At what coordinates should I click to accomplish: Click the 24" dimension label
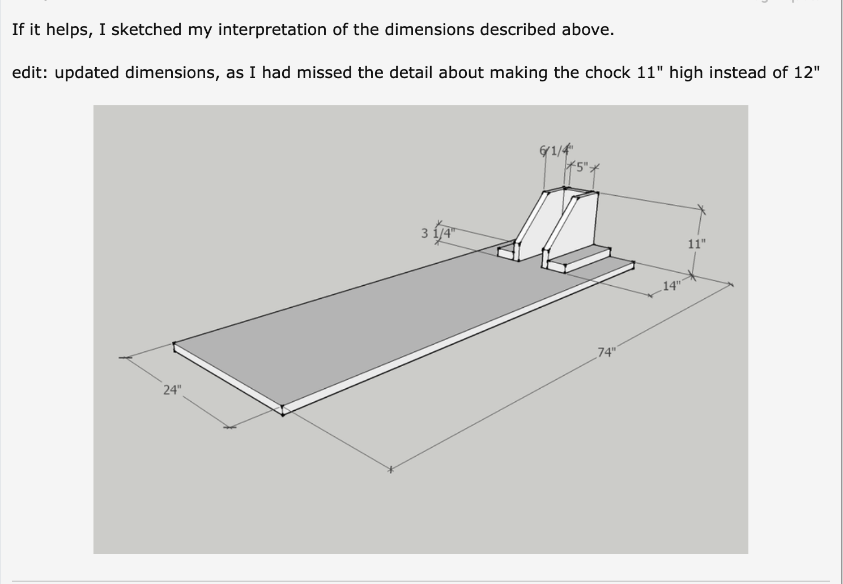[x=172, y=390]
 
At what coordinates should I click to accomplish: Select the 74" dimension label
[x=607, y=352]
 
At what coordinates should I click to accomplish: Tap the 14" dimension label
[x=672, y=286]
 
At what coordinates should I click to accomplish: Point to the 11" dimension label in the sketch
[x=697, y=244]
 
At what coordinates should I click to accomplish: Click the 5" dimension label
[x=582, y=167]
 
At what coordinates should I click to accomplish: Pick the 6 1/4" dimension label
[x=556, y=151]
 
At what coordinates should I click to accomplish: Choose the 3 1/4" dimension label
[x=438, y=233]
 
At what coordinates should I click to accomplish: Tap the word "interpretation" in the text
[x=272, y=30]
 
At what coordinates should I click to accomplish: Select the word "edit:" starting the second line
[x=30, y=72]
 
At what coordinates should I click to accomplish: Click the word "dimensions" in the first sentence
[x=429, y=29]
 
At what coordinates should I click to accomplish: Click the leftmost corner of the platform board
[x=174, y=343]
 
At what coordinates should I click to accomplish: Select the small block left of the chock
[x=506, y=251]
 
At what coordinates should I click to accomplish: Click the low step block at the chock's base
[x=579, y=259]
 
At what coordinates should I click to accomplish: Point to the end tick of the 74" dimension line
[x=391, y=469]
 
